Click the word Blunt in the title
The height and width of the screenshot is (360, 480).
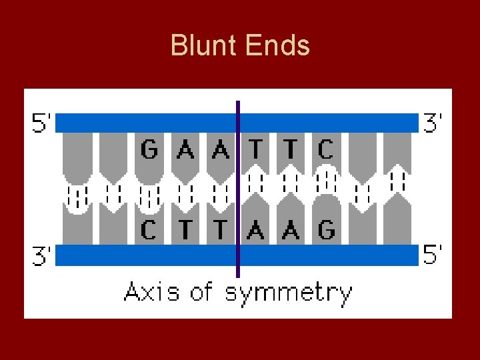coord(205,46)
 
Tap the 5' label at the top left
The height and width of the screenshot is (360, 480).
coord(41,123)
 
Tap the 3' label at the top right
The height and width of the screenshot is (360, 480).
coord(433,123)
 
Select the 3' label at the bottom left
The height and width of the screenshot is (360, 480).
coord(41,256)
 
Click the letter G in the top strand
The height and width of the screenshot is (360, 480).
coord(150,150)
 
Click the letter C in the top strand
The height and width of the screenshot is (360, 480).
coord(325,150)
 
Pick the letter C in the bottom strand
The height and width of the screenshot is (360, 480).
coord(149,230)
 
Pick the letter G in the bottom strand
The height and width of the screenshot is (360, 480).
coord(325,230)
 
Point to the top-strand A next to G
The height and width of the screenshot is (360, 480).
coord(185,150)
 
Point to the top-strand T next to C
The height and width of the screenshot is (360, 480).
coord(290,150)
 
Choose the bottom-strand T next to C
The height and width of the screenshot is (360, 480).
coord(185,230)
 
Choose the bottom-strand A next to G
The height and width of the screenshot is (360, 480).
coord(290,230)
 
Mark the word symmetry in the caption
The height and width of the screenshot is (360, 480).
coord(288,293)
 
